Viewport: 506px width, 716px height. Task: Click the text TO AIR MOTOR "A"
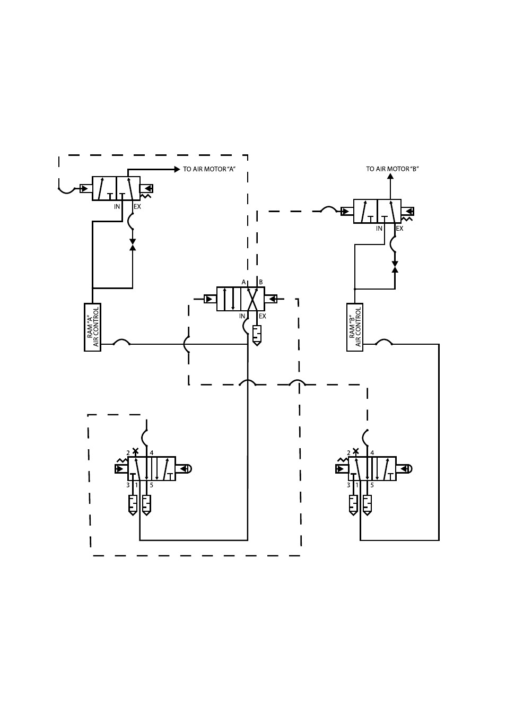point(209,169)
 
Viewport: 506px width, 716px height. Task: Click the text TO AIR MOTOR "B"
point(392,169)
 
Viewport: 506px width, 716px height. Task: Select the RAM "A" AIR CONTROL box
point(92,327)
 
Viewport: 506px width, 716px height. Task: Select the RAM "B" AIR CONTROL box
point(355,327)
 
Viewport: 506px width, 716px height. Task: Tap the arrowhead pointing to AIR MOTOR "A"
point(177,169)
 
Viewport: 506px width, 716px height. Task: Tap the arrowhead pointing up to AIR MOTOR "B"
point(390,177)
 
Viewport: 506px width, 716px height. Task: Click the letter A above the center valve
point(243,282)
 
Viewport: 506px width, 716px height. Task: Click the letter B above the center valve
point(261,282)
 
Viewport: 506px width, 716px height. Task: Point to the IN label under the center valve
point(242,316)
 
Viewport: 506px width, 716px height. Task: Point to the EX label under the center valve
point(263,316)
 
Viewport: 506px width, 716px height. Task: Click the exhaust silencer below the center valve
point(257,335)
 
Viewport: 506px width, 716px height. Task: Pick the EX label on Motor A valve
point(137,207)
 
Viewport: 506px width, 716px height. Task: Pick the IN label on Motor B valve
point(379,229)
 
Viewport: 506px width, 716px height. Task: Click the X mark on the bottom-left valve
point(136,451)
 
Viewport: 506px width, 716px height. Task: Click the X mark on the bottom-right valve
point(355,451)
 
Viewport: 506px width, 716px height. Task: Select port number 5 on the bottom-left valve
point(152,485)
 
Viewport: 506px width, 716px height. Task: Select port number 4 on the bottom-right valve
point(372,453)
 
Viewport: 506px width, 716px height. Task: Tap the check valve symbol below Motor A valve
point(133,245)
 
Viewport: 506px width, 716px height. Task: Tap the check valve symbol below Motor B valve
point(395,265)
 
